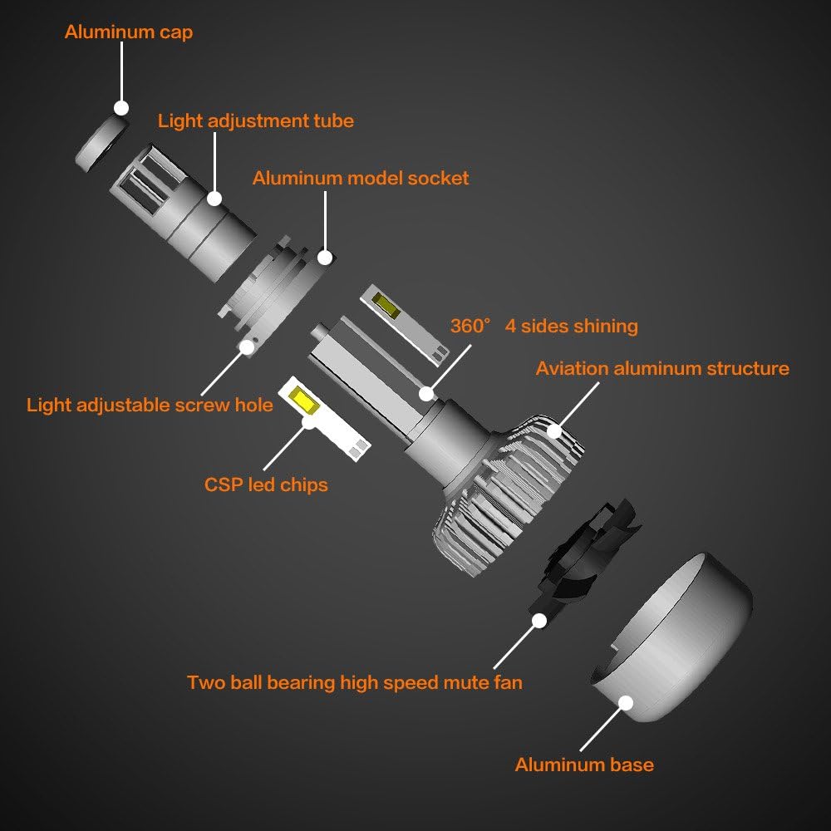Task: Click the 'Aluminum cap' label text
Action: point(129,33)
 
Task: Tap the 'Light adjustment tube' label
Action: point(256,120)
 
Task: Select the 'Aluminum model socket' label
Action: point(361,178)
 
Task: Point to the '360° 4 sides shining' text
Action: point(544,326)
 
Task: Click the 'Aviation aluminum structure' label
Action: point(662,368)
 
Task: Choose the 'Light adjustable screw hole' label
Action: point(150,405)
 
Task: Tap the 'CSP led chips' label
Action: point(266,484)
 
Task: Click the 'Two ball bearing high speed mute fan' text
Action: point(355,683)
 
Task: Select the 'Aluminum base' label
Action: point(584,765)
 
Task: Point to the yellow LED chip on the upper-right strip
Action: point(384,305)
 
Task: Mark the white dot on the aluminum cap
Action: point(121,108)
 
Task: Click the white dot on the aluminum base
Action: point(625,703)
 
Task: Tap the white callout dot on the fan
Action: point(539,620)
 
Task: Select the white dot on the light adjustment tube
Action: point(214,199)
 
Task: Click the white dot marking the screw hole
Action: point(246,347)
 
